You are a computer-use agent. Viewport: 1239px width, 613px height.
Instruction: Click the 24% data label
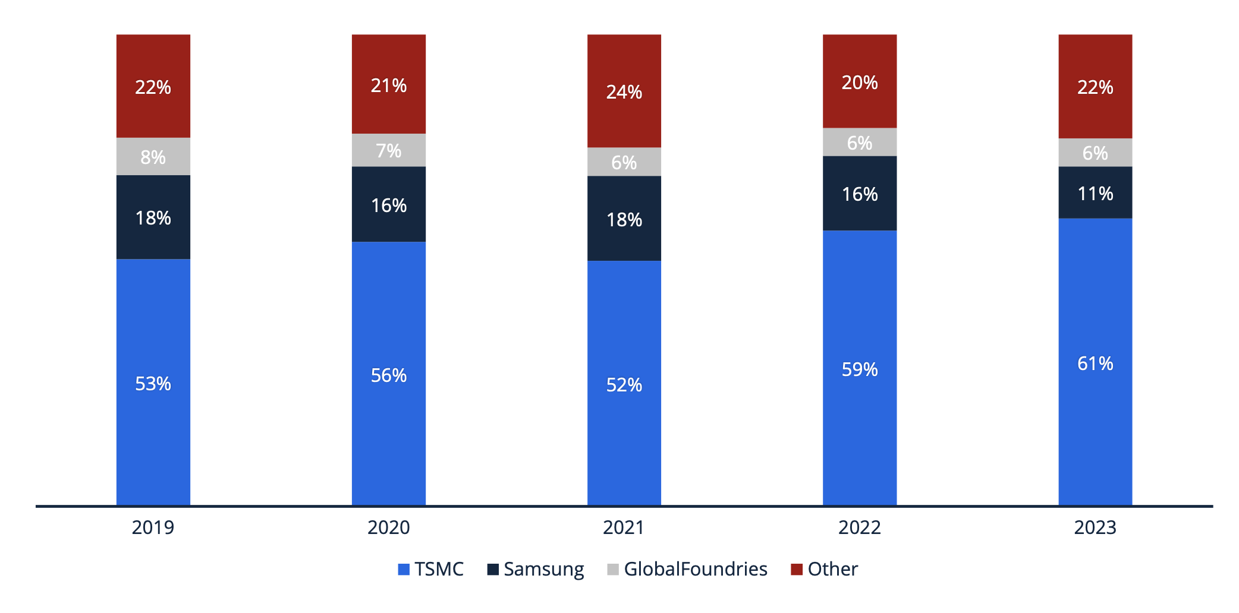624,92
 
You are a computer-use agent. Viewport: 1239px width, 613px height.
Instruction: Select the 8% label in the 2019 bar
153,157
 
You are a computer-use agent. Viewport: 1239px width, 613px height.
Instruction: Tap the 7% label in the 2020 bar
388,151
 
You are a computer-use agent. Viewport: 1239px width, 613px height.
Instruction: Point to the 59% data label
859,369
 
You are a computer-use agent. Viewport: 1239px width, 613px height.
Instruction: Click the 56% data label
388,375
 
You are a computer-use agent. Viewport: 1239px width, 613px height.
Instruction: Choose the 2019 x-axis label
153,527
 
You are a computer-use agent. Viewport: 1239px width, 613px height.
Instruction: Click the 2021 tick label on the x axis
624,527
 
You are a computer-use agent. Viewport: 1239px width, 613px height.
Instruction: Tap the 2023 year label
1095,527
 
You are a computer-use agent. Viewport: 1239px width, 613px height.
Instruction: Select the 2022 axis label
859,527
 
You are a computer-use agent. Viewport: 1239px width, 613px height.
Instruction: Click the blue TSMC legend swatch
404,569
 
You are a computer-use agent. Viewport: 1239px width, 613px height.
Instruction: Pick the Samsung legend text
543,569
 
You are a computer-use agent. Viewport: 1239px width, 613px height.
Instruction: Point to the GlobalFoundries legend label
695,569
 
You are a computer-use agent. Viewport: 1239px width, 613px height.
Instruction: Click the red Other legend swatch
796,569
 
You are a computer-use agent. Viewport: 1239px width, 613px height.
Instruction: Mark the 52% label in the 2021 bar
624,385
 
